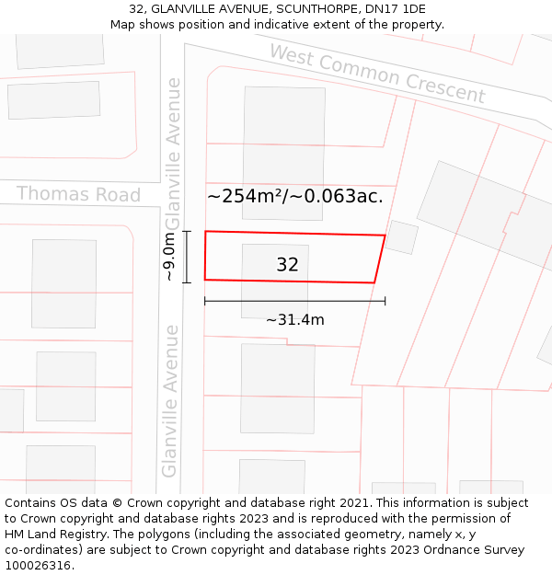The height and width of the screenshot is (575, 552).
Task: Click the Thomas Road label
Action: coord(78,194)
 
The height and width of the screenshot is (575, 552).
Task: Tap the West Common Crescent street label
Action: coord(377,73)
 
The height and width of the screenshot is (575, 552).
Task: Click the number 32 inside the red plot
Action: coord(287,265)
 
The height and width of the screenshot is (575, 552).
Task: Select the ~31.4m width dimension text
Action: coord(294,320)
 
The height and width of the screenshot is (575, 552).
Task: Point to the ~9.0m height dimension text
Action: coord(168,257)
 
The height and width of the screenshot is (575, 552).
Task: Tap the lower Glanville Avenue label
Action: coord(170,400)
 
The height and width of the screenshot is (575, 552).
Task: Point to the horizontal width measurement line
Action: coord(294,301)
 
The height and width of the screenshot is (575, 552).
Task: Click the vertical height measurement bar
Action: coord(187,257)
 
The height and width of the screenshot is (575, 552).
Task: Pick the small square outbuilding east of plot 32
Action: coord(401,237)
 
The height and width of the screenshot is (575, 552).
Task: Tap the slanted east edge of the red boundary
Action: coord(380,259)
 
